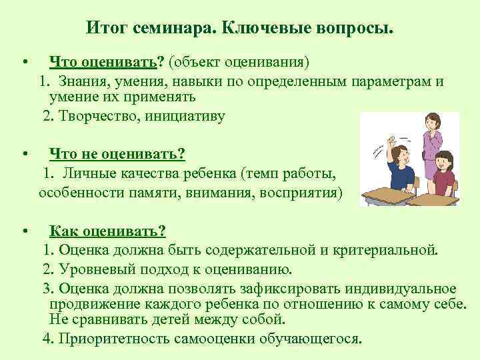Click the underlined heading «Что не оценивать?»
point(117,154)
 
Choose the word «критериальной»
point(389,251)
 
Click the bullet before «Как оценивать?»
point(24,231)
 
